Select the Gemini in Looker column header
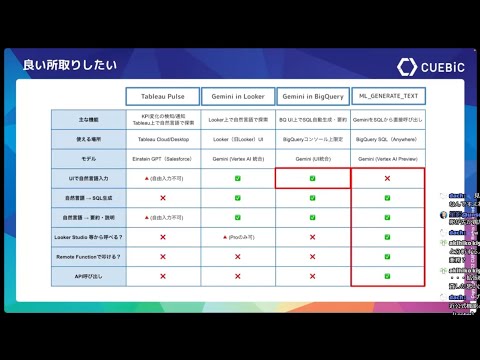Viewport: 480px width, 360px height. (237, 97)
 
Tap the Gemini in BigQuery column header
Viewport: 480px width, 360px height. (312, 97)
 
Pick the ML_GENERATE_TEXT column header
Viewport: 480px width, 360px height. (388, 96)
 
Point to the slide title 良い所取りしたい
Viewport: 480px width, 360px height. (70, 66)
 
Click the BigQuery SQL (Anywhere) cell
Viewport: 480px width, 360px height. (388, 139)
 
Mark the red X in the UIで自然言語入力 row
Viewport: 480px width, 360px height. (388, 178)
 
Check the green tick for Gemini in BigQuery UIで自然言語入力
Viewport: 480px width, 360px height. (313, 178)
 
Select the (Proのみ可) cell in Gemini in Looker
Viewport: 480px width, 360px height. (237, 237)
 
